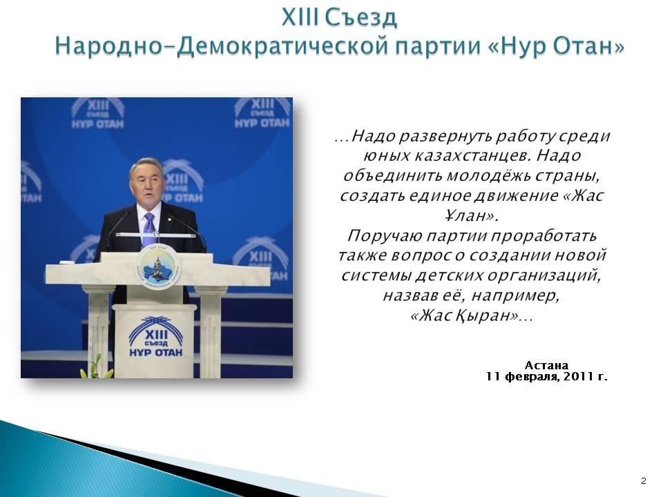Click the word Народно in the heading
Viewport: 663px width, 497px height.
click(109, 46)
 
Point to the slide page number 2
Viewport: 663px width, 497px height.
click(644, 480)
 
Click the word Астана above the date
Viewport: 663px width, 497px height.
click(546, 365)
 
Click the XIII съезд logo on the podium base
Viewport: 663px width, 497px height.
click(155, 337)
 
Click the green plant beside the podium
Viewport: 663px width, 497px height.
click(97, 367)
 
